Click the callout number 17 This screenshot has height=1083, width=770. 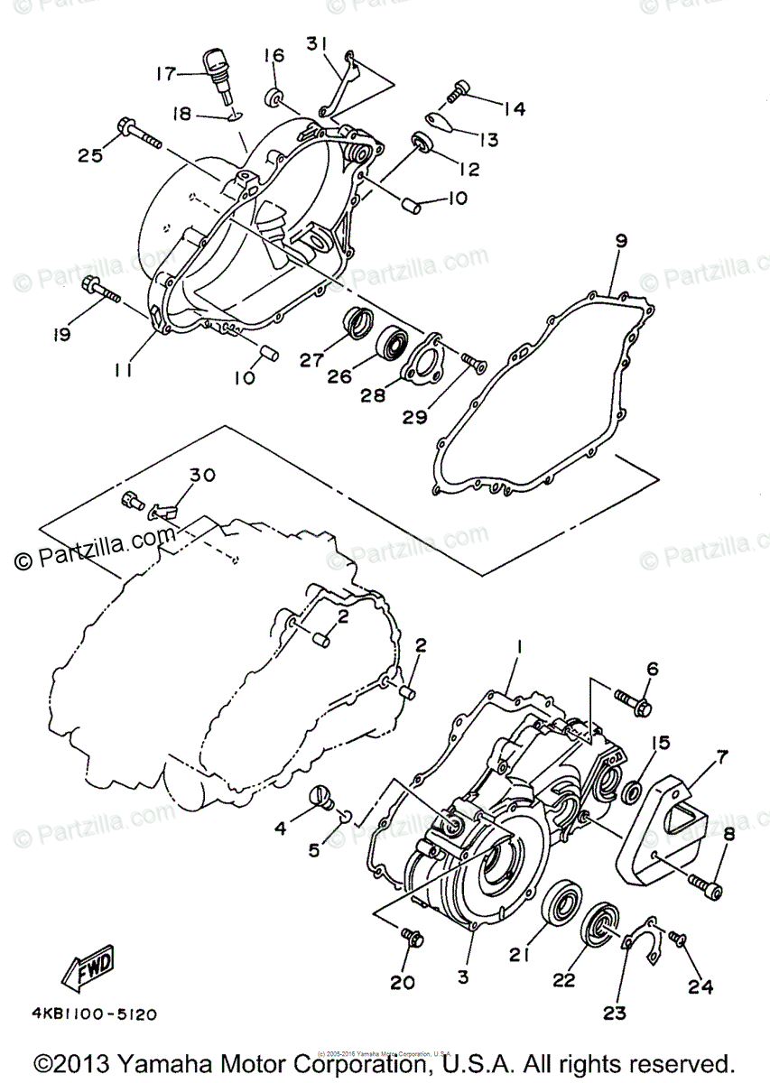[165, 74]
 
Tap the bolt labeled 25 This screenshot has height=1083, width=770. [136, 133]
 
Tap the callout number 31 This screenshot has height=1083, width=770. [316, 43]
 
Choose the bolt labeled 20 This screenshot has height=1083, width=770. [412, 939]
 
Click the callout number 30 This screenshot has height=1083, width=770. [202, 476]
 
